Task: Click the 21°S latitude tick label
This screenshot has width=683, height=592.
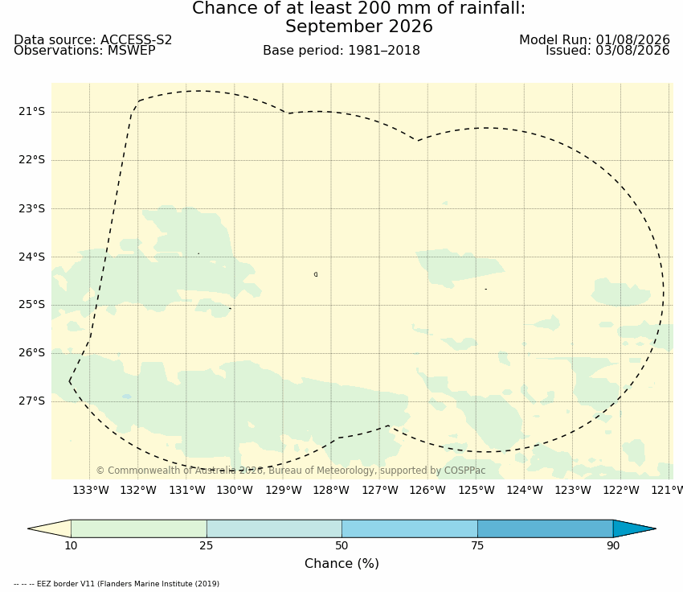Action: tap(31, 112)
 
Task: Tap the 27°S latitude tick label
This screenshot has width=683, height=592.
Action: tap(31, 401)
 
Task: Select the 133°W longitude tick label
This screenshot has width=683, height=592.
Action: tap(90, 490)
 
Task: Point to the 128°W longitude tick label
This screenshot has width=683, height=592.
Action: tap(331, 490)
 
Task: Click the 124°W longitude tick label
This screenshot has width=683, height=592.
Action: tap(525, 490)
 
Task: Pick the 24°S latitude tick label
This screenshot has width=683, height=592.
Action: tap(31, 257)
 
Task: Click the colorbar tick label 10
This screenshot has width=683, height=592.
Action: tap(71, 545)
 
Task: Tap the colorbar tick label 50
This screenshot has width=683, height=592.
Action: tap(342, 545)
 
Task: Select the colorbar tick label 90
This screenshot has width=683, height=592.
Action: tap(613, 545)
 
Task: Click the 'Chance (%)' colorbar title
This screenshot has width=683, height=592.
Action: tap(341, 563)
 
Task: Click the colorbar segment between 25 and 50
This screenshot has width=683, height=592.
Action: tap(275, 528)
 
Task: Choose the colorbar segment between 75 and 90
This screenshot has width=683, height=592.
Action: tap(546, 528)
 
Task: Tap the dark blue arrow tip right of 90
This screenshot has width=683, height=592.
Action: tap(655, 528)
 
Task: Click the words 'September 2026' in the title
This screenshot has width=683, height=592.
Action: tap(359, 27)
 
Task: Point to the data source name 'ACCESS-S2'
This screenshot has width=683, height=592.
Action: tap(136, 39)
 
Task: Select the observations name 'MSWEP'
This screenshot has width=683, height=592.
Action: tap(131, 51)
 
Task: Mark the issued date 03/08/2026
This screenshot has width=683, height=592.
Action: tap(632, 51)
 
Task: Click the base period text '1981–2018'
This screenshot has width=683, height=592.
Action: tap(384, 51)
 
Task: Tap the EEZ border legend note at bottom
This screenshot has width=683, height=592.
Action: tap(117, 584)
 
